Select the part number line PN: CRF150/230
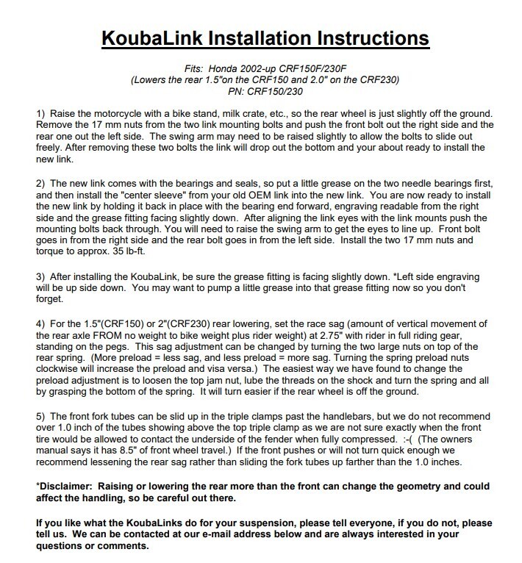click(261, 92)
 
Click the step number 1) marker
click(41, 115)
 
